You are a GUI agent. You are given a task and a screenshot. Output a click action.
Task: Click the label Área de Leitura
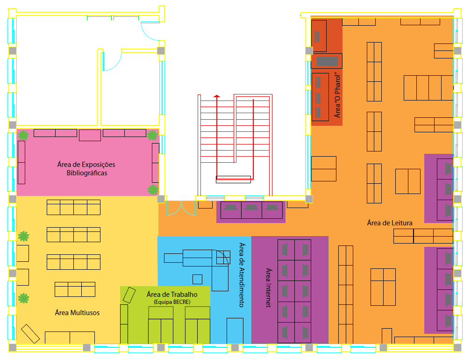pos(390,223)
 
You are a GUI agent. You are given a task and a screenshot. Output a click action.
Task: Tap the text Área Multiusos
pos(77,312)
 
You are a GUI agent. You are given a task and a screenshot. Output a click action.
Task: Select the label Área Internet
pos(269,288)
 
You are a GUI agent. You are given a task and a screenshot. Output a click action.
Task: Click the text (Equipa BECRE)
pos(172,302)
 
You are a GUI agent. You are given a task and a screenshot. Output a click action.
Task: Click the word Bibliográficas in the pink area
pos(87,173)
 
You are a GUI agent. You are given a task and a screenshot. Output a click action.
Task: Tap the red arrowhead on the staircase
pos(217,96)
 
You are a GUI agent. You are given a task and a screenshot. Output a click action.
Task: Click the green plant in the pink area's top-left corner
pos(23,135)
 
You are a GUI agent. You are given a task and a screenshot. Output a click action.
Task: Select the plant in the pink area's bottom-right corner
pos(153,190)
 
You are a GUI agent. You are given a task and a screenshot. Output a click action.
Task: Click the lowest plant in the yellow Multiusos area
pos(23,298)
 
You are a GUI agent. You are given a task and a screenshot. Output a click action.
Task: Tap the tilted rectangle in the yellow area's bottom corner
pos(30,334)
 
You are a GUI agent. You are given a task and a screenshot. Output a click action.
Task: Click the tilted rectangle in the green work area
pos(129,295)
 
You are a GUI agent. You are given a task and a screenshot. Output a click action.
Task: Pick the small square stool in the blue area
pos(197,279)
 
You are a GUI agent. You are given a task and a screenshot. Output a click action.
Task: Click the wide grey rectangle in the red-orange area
pos(328,61)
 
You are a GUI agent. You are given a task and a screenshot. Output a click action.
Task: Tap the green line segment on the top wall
pos(113,18)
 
